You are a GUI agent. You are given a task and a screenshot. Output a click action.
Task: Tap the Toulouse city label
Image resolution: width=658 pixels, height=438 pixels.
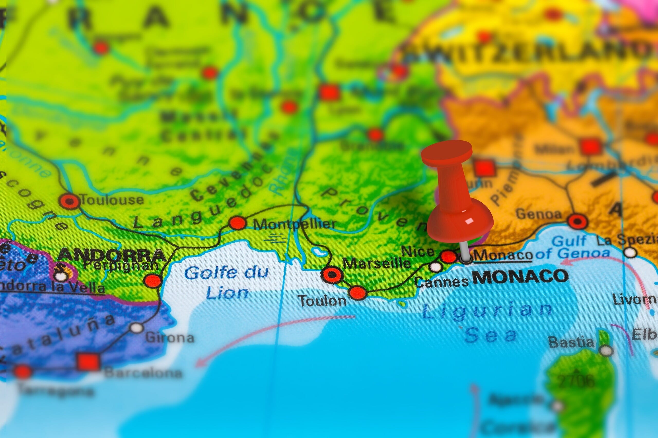(112, 200)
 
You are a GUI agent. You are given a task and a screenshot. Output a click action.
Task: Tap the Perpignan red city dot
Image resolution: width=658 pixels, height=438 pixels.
(153, 280)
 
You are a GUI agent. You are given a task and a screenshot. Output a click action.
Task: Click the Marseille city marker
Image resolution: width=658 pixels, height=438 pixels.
(332, 275)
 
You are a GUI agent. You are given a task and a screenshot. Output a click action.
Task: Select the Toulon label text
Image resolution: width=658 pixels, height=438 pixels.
(322, 301)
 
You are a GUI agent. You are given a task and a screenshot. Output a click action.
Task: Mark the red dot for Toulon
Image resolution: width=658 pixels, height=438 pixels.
(357, 293)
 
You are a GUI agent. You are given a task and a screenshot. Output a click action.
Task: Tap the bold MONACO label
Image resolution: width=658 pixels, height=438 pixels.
(520, 277)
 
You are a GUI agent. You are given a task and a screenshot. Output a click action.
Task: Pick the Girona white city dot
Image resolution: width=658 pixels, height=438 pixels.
(137, 328)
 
